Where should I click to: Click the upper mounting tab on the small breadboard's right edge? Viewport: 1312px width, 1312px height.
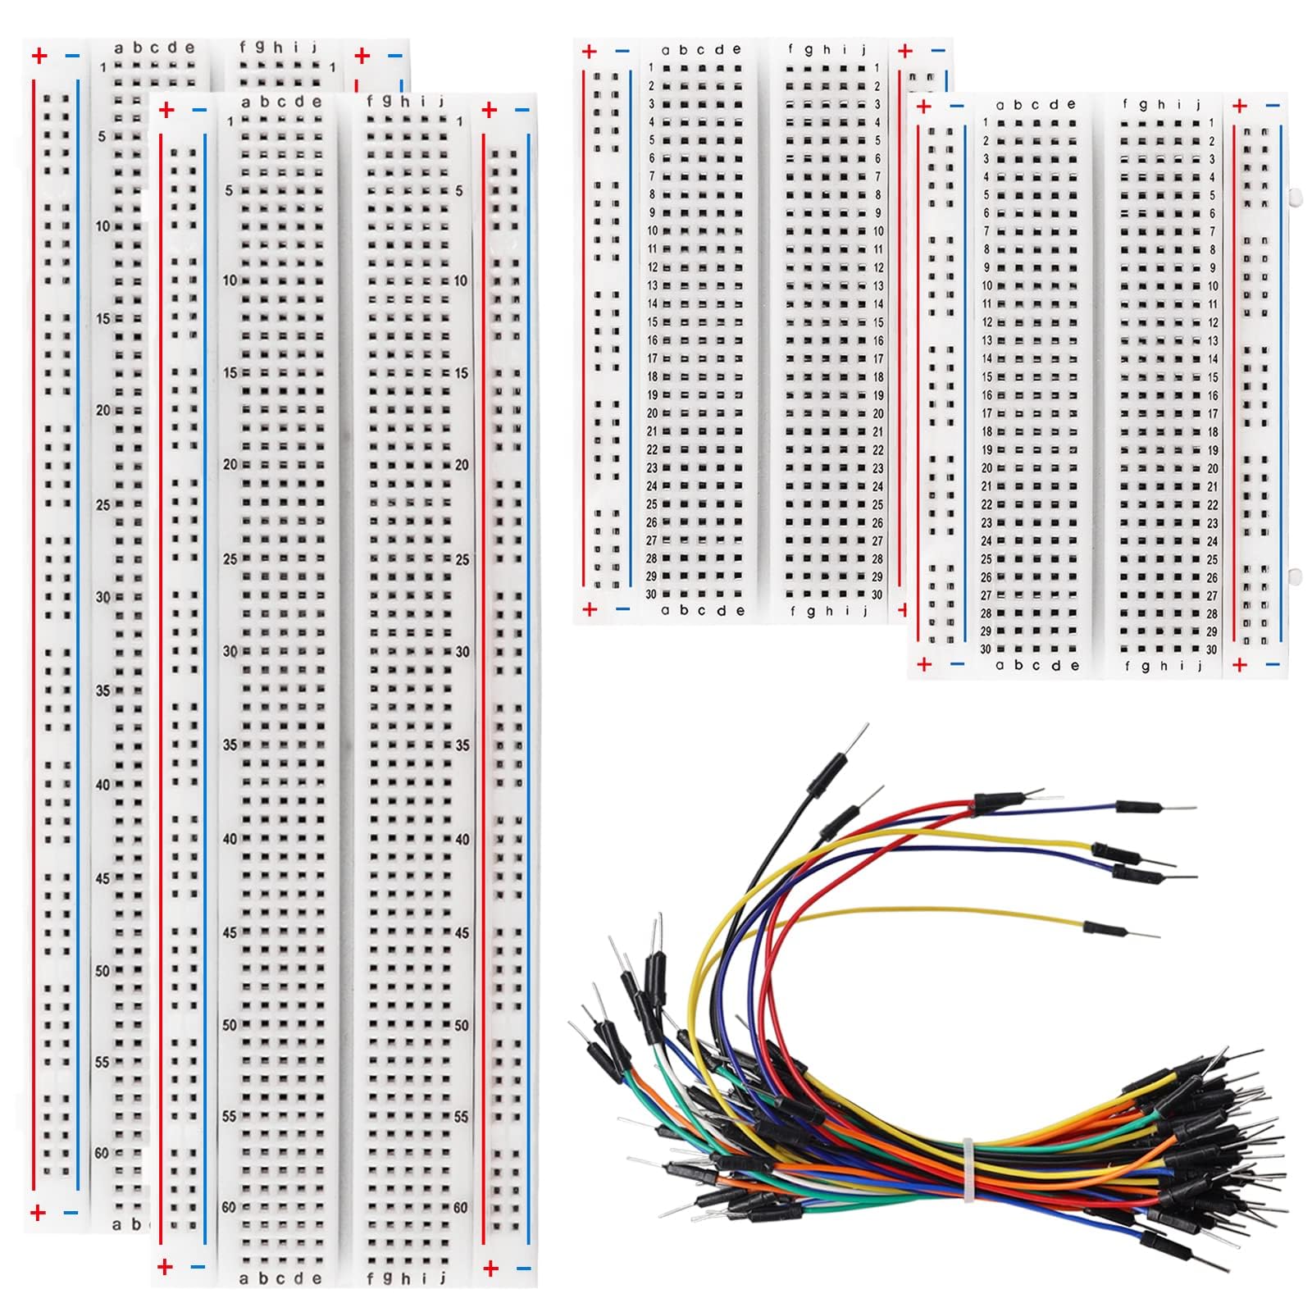click(1294, 197)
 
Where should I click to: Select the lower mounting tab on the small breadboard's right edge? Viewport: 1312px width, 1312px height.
click(1294, 574)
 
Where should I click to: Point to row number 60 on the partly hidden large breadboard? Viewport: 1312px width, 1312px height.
click(101, 1153)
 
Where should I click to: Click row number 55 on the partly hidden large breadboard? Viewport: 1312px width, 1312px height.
click(101, 1062)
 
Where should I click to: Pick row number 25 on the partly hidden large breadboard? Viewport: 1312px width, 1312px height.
click(102, 504)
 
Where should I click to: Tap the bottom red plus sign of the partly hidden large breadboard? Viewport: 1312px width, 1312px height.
click(38, 1213)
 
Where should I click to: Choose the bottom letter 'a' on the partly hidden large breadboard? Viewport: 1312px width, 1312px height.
click(116, 1225)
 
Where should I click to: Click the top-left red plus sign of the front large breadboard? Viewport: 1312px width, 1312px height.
click(166, 110)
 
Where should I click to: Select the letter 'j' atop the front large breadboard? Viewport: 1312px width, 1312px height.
click(442, 102)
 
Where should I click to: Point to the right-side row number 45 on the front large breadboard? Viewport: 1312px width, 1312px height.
click(462, 933)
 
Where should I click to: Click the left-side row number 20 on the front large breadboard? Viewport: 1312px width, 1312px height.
click(230, 464)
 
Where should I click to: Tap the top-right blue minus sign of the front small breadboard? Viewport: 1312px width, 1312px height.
click(1272, 106)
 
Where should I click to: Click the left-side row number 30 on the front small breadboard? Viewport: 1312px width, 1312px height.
click(985, 649)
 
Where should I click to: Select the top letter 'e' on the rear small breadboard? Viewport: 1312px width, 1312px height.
click(737, 50)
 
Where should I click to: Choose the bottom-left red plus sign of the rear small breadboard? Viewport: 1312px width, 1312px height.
click(589, 609)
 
